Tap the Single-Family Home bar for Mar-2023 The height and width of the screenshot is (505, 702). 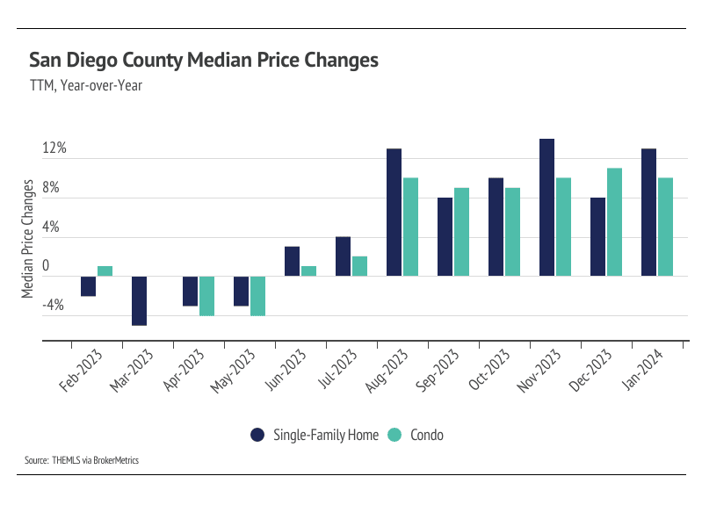tap(139, 300)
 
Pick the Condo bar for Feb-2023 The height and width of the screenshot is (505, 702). tap(105, 271)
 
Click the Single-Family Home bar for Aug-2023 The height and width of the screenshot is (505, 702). tap(394, 213)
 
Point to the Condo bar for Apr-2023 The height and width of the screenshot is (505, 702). tap(206, 295)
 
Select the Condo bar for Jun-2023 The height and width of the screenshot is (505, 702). tap(308, 271)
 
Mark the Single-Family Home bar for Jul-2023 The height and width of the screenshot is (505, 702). tap(343, 256)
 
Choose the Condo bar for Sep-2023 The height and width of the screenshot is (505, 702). tap(461, 232)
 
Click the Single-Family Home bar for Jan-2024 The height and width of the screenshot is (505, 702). tap(648, 213)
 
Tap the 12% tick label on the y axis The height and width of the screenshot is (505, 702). tap(54, 148)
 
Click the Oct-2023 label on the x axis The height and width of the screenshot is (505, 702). tap(485, 372)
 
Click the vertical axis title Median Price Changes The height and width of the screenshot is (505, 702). tap(28, 238)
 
